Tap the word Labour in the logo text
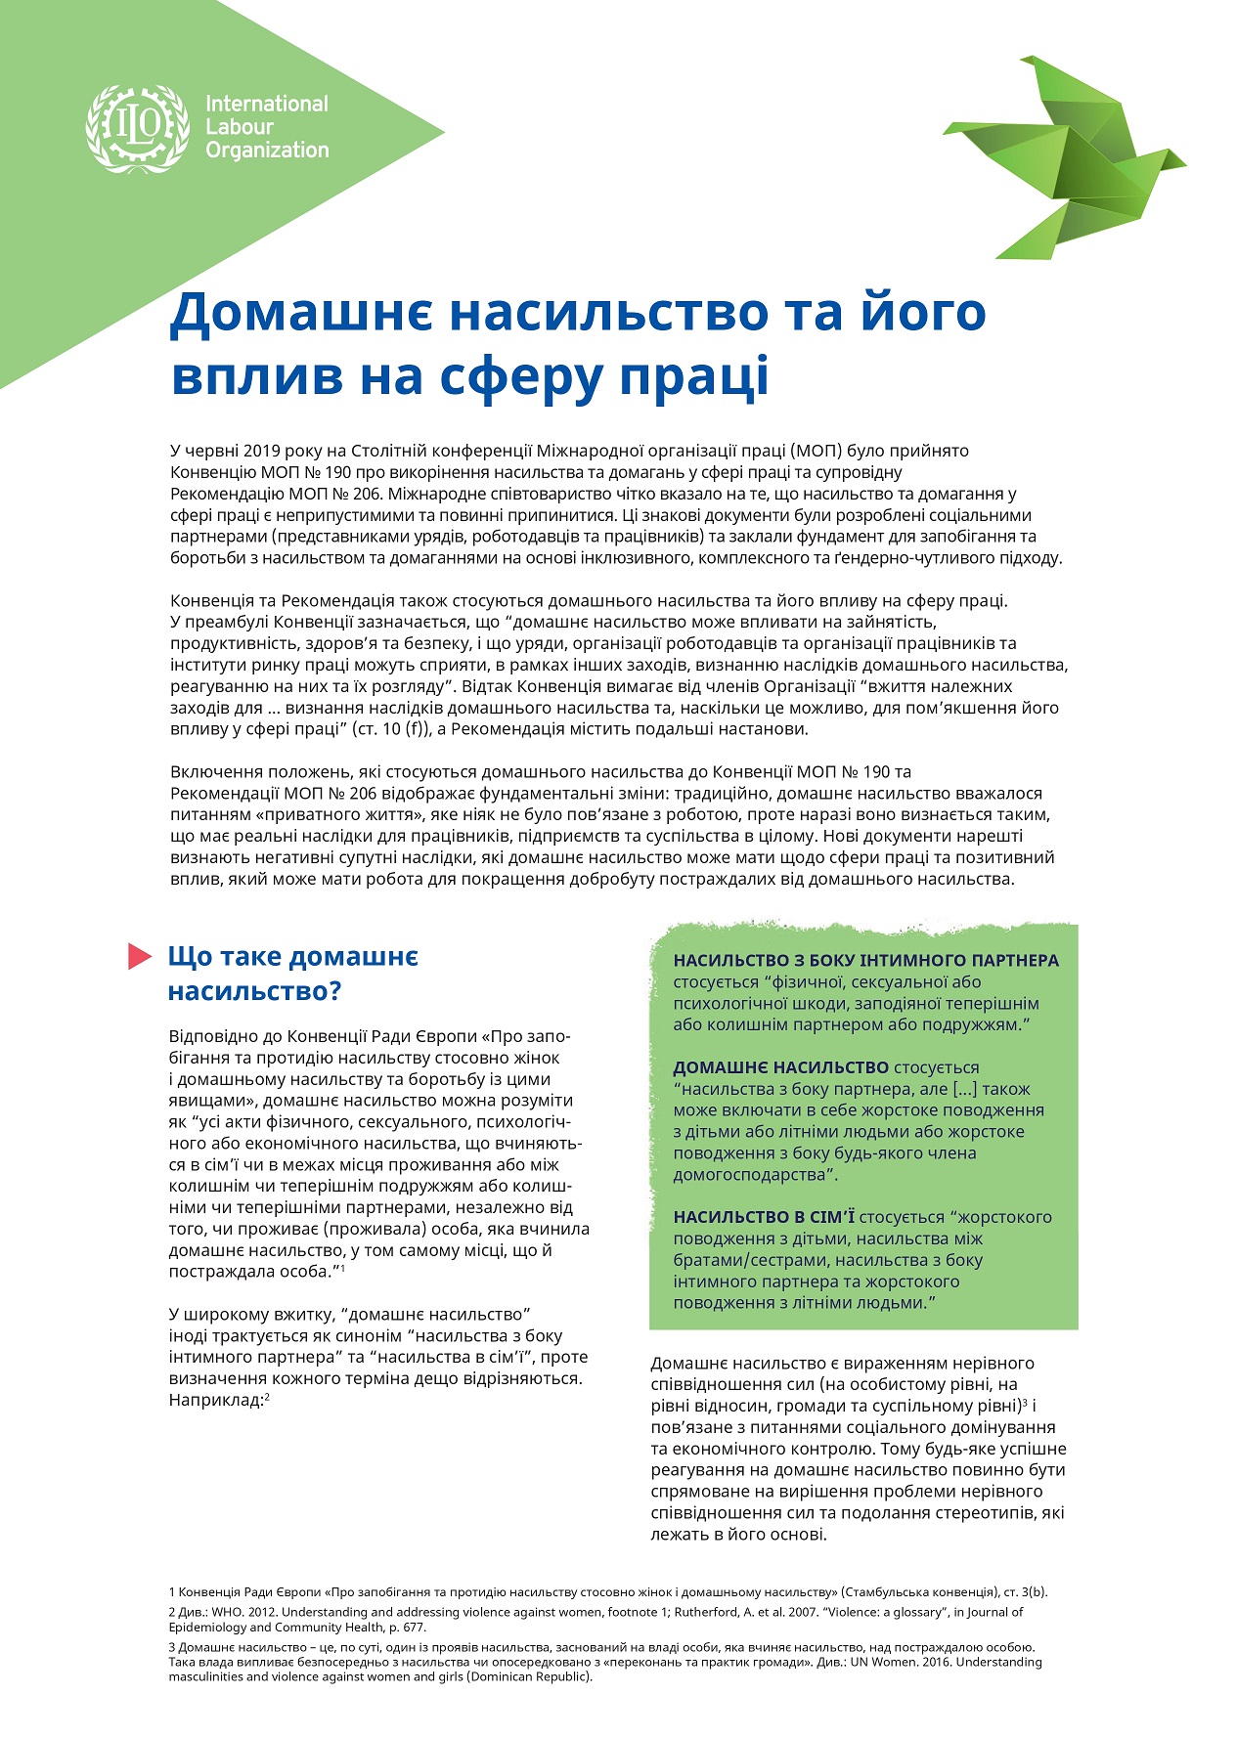(x=240, y=127)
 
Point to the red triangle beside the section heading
(x=139, y=957)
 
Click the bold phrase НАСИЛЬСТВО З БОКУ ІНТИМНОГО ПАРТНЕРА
(x=865, y=960)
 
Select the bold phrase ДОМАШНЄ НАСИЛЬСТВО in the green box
(x=780, y=1067)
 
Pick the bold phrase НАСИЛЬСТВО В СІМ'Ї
(x=764, y=1217)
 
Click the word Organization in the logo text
(x=267, y=151)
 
